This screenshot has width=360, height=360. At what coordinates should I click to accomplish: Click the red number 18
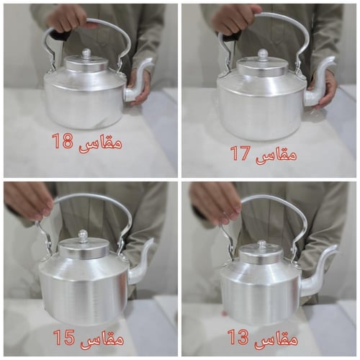(x=62, y=141)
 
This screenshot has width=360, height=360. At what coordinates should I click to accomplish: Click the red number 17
(x=240, y=153)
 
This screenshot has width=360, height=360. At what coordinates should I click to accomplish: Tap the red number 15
(x=63, y=336)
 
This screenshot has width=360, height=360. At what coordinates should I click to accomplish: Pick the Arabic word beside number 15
(x=101, y=337)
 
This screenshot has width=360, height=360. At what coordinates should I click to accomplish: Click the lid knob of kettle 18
(x=86, y=53)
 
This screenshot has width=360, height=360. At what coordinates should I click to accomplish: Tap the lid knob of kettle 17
(x=263, y=54)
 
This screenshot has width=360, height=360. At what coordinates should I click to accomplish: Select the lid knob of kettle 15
(x=83, y=235)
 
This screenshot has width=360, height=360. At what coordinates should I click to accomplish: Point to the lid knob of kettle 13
(x=261, y=246)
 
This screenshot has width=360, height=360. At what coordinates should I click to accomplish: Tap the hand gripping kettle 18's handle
(x=68, y=17)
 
